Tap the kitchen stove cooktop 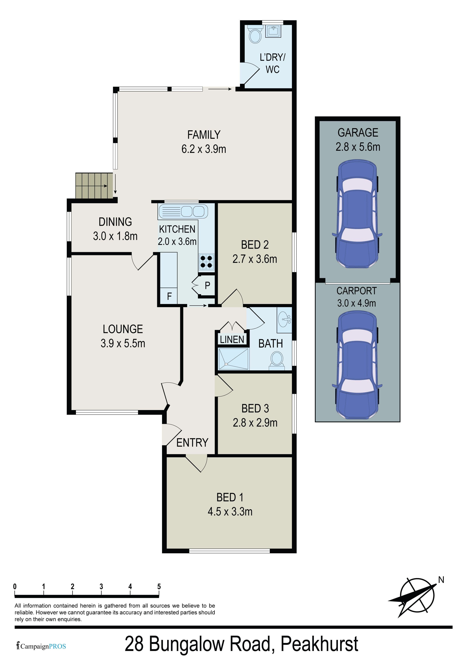pos(206,262)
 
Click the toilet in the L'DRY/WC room pos(255,34)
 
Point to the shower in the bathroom pos(233,359)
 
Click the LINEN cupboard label pos(232,340)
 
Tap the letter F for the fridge pos(169,296)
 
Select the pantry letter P pos(207,285)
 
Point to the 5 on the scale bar pos(159,586)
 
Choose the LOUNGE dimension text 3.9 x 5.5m pos(123,343)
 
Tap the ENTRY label pos(192,443)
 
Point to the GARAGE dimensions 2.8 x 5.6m pos(358,147)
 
